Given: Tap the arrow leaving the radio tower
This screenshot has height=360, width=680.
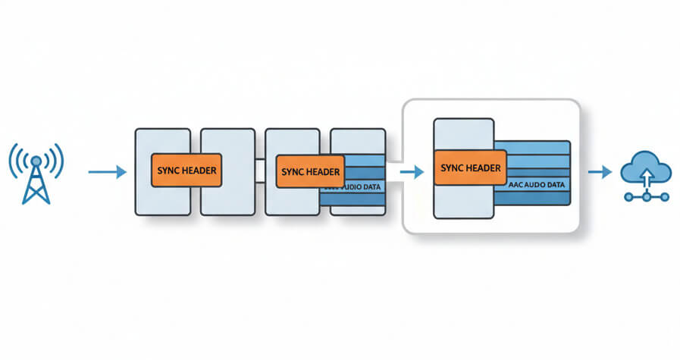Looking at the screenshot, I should (107, 173).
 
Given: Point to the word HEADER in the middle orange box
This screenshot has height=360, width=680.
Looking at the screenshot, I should (324, 172).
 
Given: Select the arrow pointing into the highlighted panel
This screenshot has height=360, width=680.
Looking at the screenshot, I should (411, 172).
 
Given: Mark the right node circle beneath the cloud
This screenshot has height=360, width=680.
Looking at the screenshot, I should (665, 196).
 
